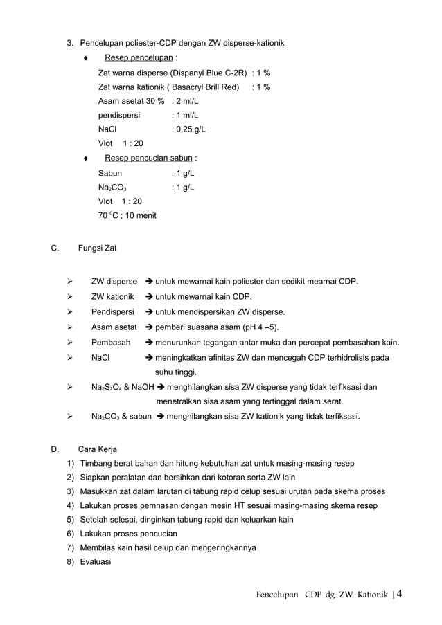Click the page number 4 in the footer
pyautogui.click(x=399, y=594)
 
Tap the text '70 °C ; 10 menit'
pyautogui.click(x=127, y=216)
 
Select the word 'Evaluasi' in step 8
pyautogui.click(x=96, y=562)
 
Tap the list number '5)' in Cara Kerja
pyautogui.click(x=71, y=519)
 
